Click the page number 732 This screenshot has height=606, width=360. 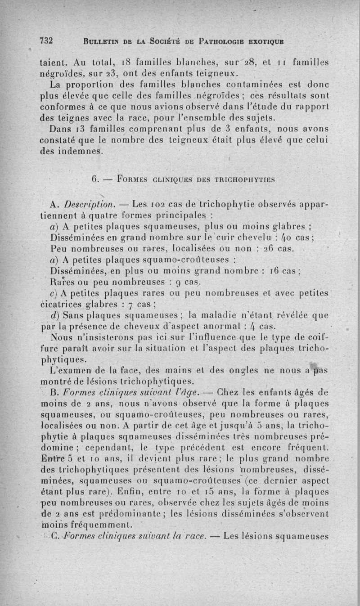[x=46, y=40]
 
